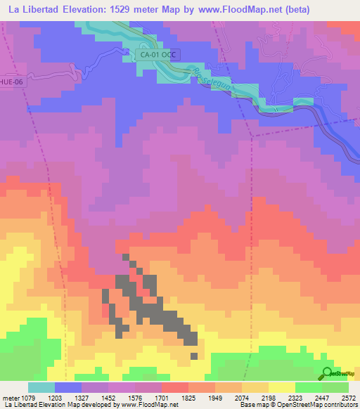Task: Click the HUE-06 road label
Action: pos(11,81)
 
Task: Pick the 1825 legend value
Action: pos(200,397)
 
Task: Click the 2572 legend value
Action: pos(348,397)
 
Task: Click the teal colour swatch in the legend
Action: pos(41,387)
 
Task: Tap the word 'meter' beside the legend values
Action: pos(10,397)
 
